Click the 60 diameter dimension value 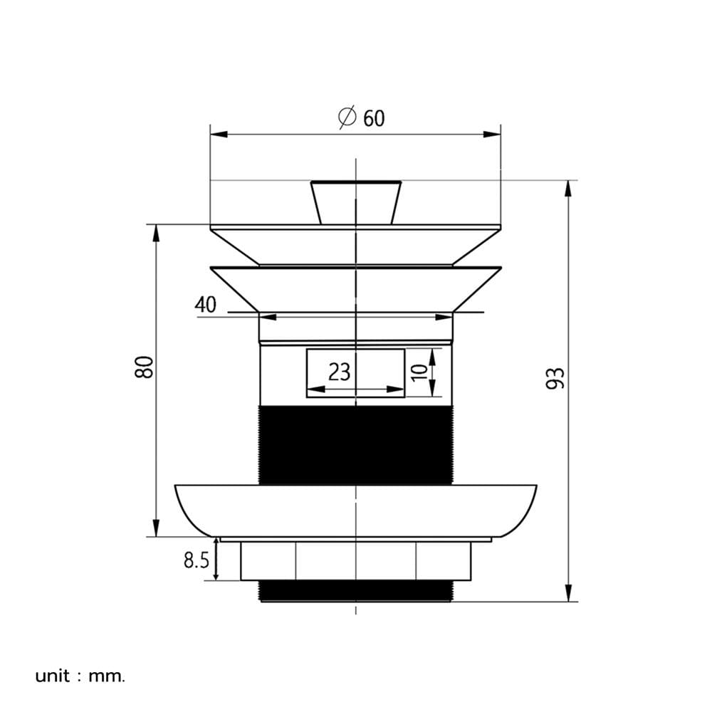click(374, 118)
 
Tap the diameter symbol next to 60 click(347, 117)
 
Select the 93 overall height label click(555, 378)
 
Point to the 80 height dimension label click(145, 367)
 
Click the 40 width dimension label click(205, 305)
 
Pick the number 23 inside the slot click(339, 372)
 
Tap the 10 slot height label click(419, 372)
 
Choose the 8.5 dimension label click(197, 560)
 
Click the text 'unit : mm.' click(80, 676)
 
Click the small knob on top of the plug click(356, 202)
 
